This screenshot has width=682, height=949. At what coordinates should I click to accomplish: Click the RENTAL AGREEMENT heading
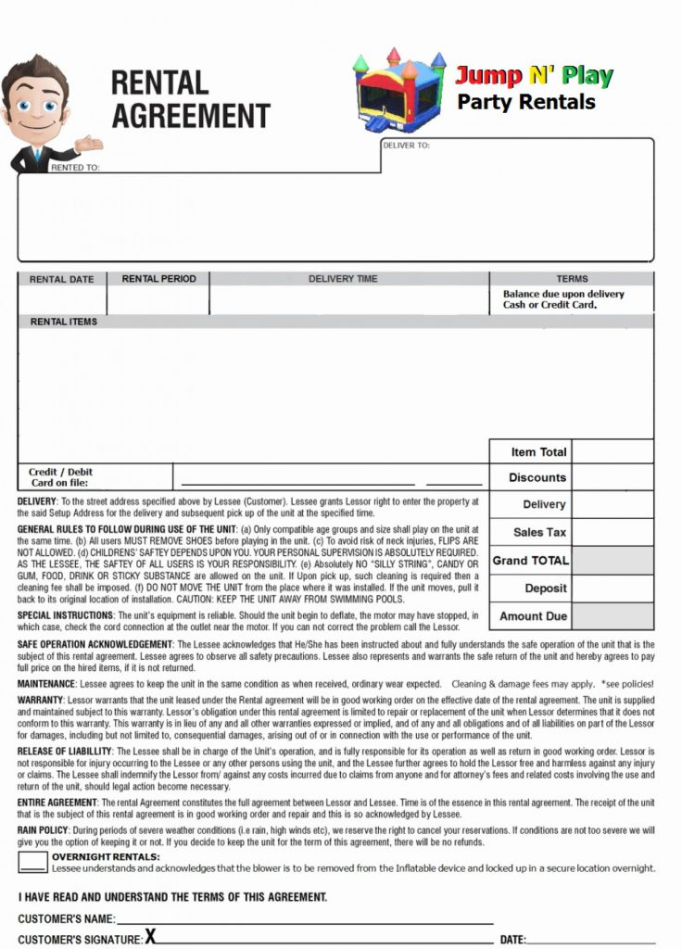[190, 100]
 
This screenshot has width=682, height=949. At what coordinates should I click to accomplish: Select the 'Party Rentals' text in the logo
[525, 102]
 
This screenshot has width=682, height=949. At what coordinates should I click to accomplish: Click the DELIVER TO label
[406, 146]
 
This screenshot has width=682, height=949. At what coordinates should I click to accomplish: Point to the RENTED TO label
[75, 168]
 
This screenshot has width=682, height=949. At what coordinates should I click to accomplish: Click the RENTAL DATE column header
[62, 279]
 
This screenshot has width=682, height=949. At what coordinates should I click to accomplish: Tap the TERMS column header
[572, 279]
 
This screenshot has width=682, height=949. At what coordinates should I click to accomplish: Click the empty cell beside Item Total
[613, 451]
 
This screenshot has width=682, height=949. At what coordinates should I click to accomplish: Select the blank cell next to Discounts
[613, 477]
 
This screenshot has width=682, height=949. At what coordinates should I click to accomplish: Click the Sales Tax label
[539, 533]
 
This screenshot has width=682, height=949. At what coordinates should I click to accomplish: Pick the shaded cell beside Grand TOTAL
[613, 561]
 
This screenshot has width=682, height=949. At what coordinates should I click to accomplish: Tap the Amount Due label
[534, 616]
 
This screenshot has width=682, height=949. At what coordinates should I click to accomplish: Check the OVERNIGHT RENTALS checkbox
[33, 863]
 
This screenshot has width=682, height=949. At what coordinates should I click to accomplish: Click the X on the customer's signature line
[150, 937]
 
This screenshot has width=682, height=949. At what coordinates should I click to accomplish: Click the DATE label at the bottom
[512, 940]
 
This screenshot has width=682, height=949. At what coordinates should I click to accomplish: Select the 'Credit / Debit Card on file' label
[60, 477]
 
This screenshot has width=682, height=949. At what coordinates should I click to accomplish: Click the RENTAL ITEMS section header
[64, 322]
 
